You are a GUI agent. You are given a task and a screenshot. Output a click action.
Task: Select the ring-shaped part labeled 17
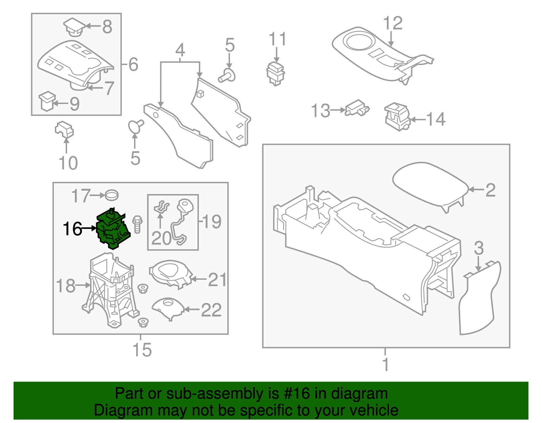pos(111,195)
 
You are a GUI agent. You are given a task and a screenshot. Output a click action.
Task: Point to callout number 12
pos(393,23)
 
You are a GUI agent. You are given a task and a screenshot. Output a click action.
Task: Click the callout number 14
pos(436,119)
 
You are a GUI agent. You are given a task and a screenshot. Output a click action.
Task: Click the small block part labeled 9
pos(47,101)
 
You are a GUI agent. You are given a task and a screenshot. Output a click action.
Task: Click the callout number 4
pos(180,50)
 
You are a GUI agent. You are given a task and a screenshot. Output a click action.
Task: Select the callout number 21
pos(217,280)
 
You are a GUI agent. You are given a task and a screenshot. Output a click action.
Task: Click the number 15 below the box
pos(142,350)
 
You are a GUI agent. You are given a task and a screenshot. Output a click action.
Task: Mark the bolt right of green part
pos(137,224)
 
